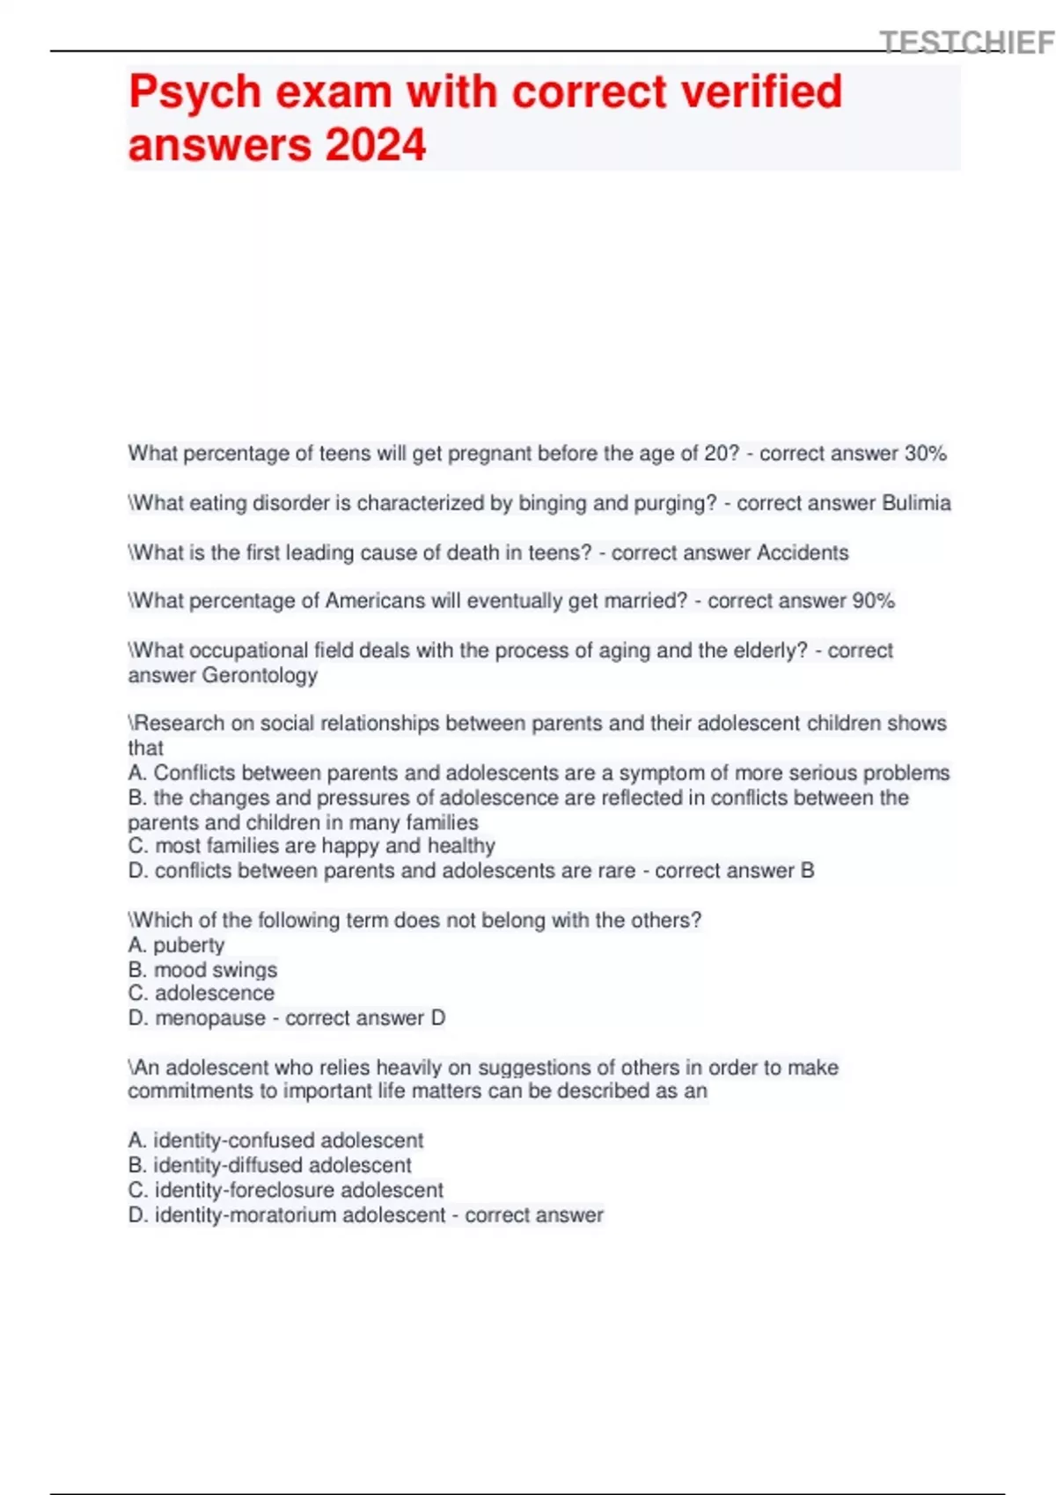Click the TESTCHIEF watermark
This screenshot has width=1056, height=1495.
[966, 42]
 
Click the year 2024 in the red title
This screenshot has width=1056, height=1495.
[376, 145]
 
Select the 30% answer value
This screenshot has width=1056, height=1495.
[925, 454]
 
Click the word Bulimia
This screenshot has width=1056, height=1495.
[916, 503]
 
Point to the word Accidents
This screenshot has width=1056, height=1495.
[803, 553]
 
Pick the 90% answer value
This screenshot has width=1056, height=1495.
[873, 602]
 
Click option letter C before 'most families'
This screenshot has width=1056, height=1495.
[137, 846]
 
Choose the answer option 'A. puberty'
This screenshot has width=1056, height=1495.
[176, 945]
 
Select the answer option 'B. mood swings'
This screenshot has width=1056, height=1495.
[202, 970]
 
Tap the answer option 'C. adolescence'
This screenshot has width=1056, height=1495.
[201, 994]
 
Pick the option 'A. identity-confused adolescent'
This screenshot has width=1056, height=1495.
[275, 1141]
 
